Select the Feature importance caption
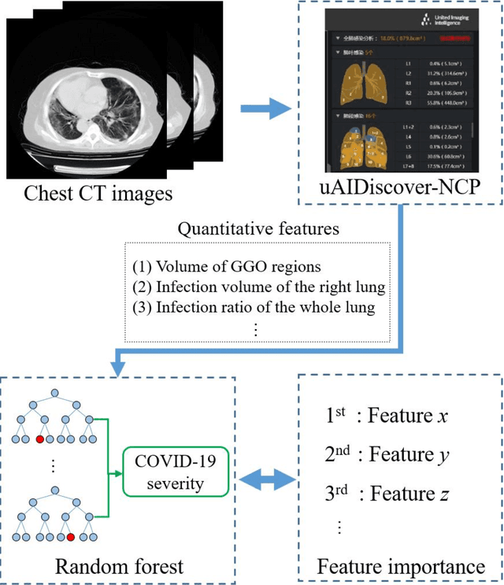pyautogui.click(x=400, y=565)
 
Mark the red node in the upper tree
pyautogui.click(x=39, y=438)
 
